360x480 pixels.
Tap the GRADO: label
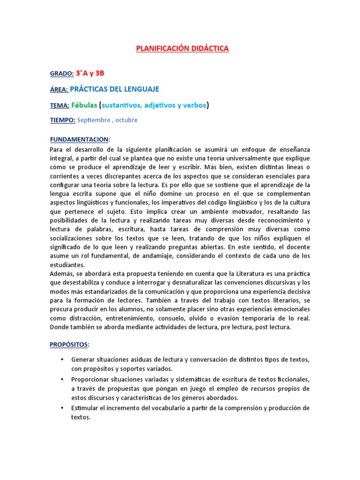[x=61, y=74]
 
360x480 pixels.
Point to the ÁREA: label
[x=59, y=89]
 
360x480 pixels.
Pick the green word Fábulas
[x=84, y=105]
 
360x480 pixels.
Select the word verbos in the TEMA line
[x=192, y=105]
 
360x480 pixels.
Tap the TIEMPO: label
[x=62, y=120]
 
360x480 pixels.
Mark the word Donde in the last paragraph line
[x=59, y=327]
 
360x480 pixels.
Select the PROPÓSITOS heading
[x=68, y=345]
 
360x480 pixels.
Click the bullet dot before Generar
[x=62, y=360]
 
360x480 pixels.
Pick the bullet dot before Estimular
[x=62, y=408]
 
